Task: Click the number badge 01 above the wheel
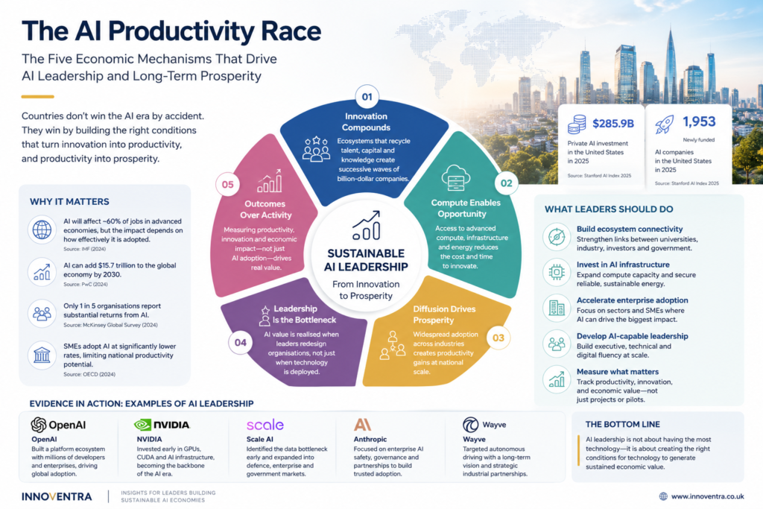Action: pyautogui.click(x=367, y=97)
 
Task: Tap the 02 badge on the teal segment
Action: pyautogui.click(x=507, y=183)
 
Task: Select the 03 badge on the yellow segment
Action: pyautogui.click(x=498, y=338)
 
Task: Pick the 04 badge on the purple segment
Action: pyautogui.click(x=241, y=343)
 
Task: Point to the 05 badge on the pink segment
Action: pyautogui.click(x=228, y=184)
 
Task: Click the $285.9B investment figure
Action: pyautogui.click(x=613, y=124)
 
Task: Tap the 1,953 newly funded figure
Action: pyautogui.click(x=699, y=121)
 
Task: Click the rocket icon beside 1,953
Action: pyautogui.click(x=664, y=124)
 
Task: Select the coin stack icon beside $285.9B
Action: pyautogui.click(x=577, y=124)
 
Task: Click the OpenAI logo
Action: pyautogui.click(x=58, y=425)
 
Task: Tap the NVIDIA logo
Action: pyautogui.click(x=162, y=425)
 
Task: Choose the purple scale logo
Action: pyautogui.click(x=265, y=425)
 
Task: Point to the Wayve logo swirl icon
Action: pyautogui.click(x=471, y=424)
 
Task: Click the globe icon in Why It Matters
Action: pyautogui.click(x=42, y=230)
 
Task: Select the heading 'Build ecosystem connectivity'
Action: pyautogui.click(x=630, y=229)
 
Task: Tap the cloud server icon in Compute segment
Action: pyautogui.click(x=455, y=177)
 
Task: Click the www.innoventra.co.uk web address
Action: pyautogui.click(x=708, y=496)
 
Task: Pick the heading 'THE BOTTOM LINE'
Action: pyautogui.click(x=622, y=424)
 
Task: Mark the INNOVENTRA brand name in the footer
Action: pyautogui.click(x=57, y=496)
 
